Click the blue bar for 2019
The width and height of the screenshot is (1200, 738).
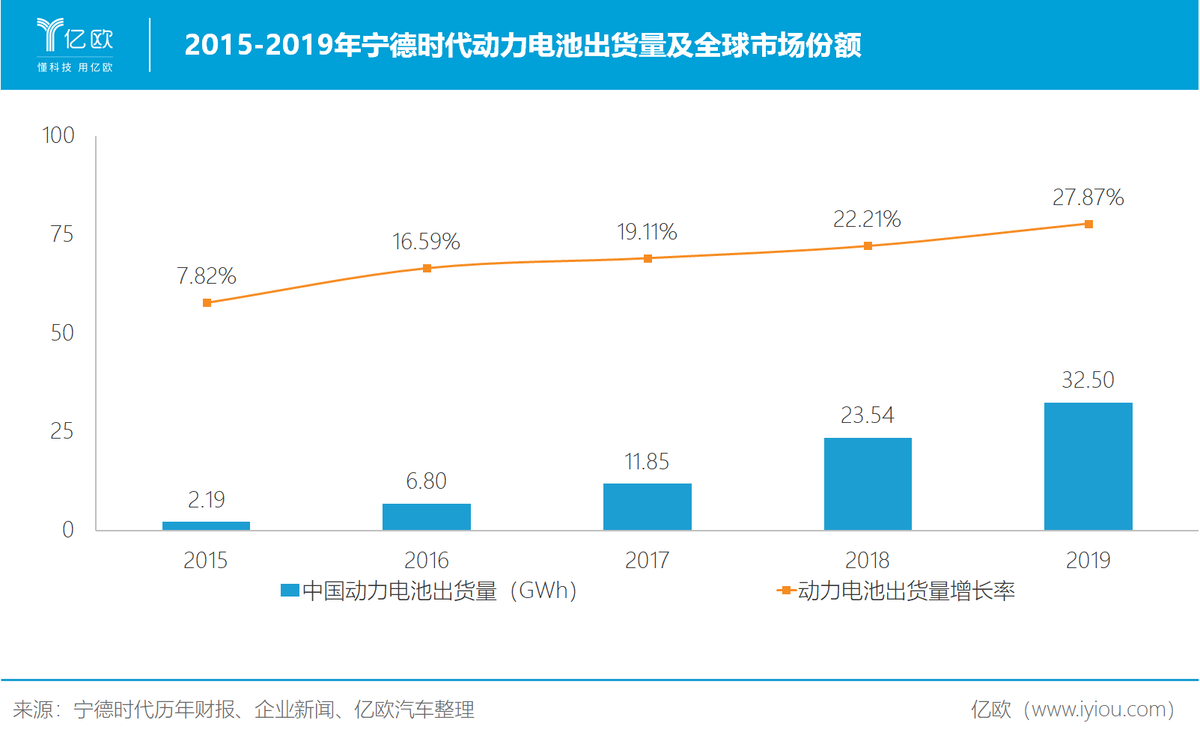pos(1088,466)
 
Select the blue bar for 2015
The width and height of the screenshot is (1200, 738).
pos(206,525)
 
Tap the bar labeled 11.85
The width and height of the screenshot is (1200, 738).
pos(647,507)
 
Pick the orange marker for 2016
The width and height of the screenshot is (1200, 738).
pos(427,268)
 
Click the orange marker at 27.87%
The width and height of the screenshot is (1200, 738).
pos(1088,224)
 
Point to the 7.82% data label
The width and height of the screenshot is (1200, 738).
pos(206,276)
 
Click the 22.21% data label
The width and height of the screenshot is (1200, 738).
pos(867,219)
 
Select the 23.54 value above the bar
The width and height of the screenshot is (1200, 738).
pos(867,415)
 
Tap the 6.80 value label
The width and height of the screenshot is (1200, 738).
pos(426,481)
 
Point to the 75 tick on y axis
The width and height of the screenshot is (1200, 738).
pos(62,234)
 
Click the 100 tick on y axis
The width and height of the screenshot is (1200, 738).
pos(58,135)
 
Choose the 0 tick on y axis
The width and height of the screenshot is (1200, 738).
pos(68,530)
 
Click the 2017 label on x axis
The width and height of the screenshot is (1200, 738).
pos(647,560)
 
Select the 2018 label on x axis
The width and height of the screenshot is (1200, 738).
pos(867,560)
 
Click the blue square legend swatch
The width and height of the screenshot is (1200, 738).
pos(290,591)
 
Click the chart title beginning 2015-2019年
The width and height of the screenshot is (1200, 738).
pos(523,45)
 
